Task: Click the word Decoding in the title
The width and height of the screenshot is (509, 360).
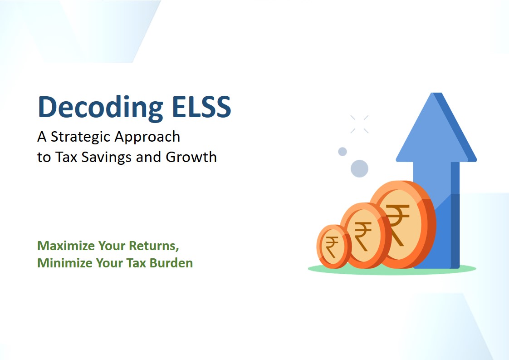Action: click(x=101, y=108)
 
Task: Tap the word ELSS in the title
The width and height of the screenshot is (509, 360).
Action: click(x=201, y=107)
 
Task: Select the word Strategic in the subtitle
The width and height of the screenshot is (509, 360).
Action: click(x=80, y=137)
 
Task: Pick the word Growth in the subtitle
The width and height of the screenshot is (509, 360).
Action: click(x=191, y=157)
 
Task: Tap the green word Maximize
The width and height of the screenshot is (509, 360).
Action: click(x=66, y=246)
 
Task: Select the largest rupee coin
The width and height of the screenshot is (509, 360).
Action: click(x=402, y=224)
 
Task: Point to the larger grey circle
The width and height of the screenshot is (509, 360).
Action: click(x=359, y=168)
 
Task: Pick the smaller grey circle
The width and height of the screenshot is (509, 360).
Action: click(x=343, y=152)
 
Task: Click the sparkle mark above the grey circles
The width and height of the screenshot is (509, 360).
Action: click(x=359, y=124)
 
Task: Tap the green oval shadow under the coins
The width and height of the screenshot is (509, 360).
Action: click(x=392, y=269)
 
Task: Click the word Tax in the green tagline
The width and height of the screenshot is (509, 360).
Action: click(x=136, y=263)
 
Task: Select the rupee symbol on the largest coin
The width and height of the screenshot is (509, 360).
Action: click(x=397, y=225)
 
